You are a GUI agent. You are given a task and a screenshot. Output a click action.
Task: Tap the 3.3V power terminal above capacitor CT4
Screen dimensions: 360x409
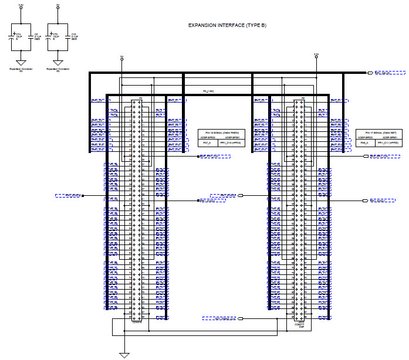pos(21,8)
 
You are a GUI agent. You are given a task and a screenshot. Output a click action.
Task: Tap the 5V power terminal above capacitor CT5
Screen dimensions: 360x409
pos(58,8)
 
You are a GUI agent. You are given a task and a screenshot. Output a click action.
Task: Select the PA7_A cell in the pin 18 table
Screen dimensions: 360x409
pos(207,142)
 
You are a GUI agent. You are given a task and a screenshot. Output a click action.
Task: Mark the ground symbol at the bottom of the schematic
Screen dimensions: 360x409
pos(124,354)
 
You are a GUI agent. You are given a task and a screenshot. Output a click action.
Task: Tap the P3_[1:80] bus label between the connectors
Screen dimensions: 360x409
pos(208,91)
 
